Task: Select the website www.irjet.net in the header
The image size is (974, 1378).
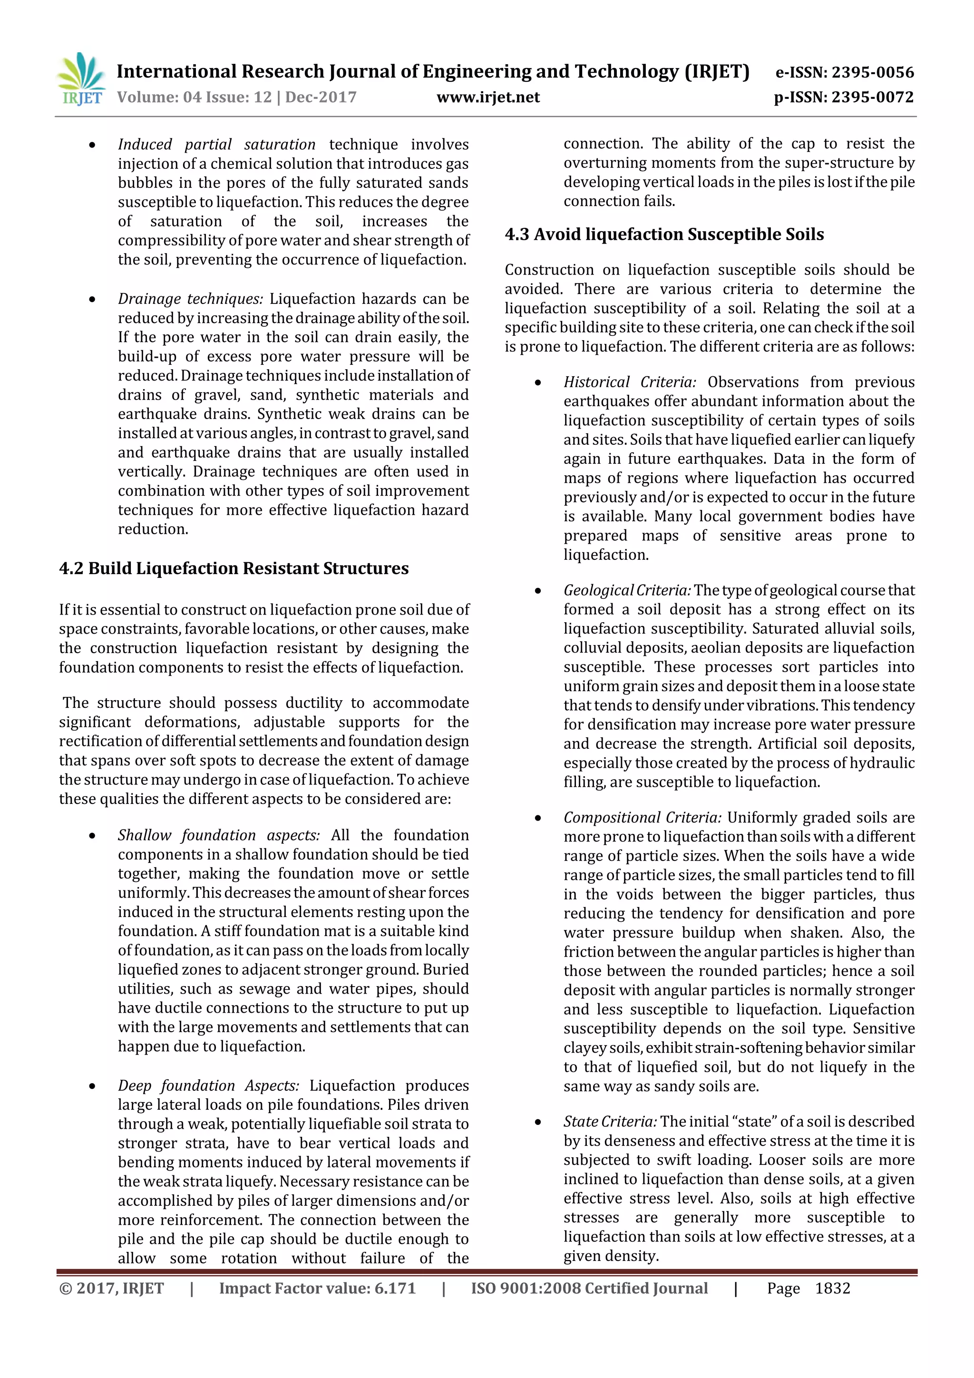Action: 488,97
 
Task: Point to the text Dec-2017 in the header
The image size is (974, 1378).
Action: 321,97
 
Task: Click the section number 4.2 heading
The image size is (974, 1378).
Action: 71,568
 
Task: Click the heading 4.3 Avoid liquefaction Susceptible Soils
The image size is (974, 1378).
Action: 664,234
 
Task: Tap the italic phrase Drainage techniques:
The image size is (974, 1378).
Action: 190,299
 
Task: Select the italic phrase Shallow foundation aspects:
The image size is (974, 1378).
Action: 218,835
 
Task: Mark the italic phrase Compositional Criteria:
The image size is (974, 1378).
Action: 642,818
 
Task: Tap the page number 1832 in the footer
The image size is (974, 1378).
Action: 832,1288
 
